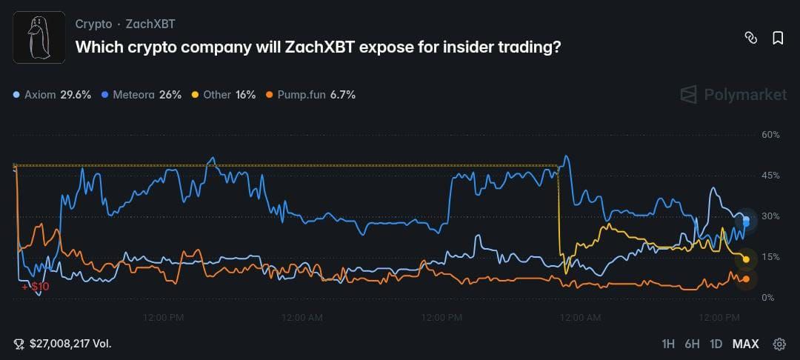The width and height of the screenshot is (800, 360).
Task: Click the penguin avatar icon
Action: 39,37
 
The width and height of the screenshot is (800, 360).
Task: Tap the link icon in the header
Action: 750,38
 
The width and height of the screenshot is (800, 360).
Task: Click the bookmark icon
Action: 778,38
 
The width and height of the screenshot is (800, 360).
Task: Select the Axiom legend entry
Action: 52,95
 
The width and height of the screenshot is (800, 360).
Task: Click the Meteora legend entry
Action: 141,95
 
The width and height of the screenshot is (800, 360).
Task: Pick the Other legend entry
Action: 224,95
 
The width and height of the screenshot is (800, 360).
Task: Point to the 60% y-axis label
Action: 770,135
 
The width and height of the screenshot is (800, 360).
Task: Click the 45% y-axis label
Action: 770,176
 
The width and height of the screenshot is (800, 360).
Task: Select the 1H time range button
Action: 668,344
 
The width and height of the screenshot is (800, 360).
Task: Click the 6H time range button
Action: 692,344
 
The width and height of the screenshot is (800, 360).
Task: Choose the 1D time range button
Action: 716,344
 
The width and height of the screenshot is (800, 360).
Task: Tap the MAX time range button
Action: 745,344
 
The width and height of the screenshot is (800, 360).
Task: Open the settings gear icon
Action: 779,344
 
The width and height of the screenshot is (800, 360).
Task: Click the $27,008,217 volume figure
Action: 70,344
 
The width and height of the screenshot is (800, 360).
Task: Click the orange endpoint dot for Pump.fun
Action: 746,279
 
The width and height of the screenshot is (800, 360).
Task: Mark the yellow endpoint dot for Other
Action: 746,259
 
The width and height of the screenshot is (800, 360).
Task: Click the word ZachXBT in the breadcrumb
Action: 150,24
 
